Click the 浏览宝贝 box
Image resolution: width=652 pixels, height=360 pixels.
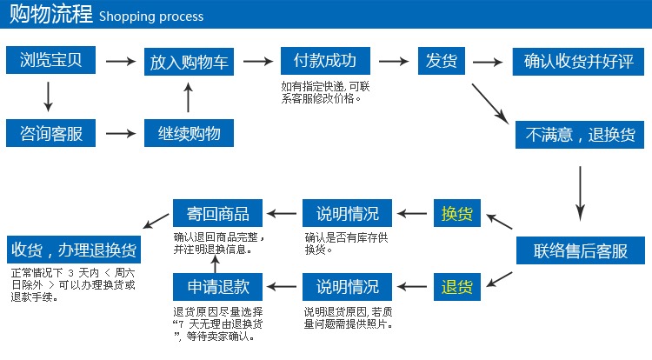50,60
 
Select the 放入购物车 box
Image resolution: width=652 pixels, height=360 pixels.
189,62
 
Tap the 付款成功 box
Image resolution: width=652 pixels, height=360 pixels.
325,61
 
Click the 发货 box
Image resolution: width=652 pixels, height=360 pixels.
441,61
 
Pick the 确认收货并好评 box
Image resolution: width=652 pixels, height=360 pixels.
578,62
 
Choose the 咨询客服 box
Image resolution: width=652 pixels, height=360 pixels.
50,133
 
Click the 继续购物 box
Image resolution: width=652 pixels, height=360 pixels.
189,133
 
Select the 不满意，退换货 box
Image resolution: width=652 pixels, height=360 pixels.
580,135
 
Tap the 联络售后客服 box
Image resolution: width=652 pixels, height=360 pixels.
581,250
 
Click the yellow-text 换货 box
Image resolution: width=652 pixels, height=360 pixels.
457,213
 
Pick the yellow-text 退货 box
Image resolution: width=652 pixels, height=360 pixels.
457,287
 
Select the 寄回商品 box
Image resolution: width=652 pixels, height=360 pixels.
217,213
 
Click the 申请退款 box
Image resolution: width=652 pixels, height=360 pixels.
217,287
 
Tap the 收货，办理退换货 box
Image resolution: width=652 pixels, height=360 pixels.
74,250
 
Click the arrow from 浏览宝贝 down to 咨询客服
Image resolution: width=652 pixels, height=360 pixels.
48,97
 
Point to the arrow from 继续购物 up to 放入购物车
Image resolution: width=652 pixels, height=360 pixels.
189,97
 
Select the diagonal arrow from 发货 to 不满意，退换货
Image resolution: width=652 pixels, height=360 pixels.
489,103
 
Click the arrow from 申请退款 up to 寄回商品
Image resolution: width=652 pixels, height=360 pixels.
215,264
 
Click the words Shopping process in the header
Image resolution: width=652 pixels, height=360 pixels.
151,17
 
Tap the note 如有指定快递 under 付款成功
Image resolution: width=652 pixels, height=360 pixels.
325,92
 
